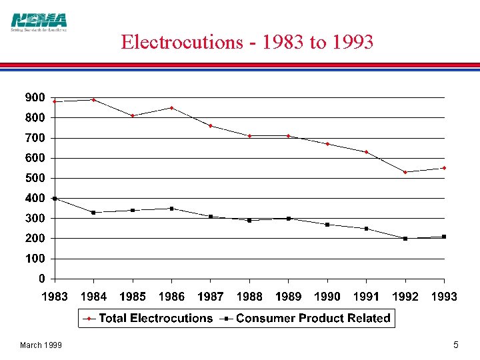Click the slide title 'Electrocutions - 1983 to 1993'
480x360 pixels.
click(x=247, y=42)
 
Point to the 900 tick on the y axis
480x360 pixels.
click(x=35, y=97)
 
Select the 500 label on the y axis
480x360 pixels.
click(x=35, y=178)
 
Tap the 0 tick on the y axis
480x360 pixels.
click(x=41, y=278)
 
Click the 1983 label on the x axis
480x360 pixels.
click(x=55, y=297)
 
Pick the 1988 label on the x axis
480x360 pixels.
click(x=249, y=297)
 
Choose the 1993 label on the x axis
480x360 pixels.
click(x=444, y=297)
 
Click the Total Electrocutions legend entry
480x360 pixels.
click(x=148, y=319)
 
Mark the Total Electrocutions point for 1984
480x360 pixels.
click(x=93, y=100)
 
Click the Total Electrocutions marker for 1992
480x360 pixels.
click(x=405, y=172)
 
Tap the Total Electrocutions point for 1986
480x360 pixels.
click(x=171, y=108)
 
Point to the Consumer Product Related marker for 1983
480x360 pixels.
click(x=55, y=198)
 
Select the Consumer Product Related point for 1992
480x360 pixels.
click(x=405, y=238)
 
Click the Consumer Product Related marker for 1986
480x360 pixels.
click(x=171, y=209)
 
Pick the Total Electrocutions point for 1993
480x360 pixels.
click(x=444, y=168)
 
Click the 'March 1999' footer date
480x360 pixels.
click(x=41, y=345)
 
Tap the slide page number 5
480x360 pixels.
click(x=455, y=345)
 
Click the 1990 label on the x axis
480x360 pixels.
click(x=327, y=297)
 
